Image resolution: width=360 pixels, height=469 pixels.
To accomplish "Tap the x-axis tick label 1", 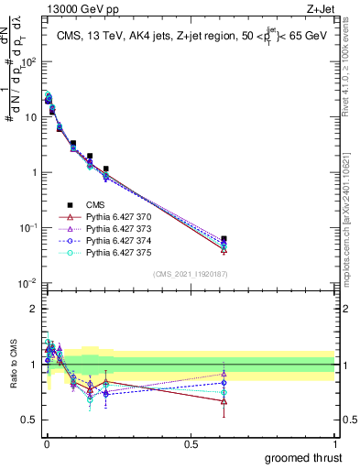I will click(334, 444).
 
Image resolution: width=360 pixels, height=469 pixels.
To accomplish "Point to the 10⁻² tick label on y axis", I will click(28, 283).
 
